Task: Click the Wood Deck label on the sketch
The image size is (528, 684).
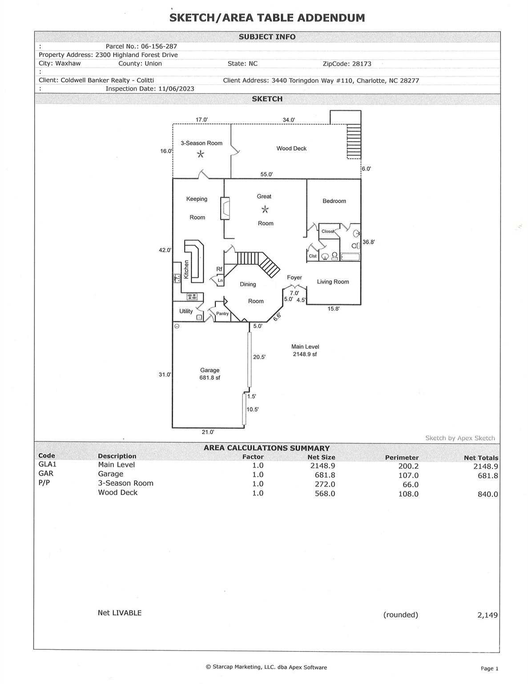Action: click(x=291, y=148)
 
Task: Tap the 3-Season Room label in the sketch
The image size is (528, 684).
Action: click(x=201, y=143)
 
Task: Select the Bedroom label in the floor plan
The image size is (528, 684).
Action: click(x=334, y=201)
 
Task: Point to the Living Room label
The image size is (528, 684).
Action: click(x=333, y=281)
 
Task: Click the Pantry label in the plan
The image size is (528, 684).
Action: click(x=222, y=313)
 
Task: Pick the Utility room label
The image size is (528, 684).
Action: click(x=186, y=311)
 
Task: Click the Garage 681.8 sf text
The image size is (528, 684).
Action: click(x=210, y=374)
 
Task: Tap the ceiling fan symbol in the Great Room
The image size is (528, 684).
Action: click(x=265, y=209)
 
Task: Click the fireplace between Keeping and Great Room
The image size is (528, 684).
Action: click(x=225, y=208)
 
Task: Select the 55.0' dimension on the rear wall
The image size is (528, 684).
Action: click(x=266, y=174)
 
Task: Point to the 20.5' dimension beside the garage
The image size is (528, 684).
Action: click(x=259, y=357)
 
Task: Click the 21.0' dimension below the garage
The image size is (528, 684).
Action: click(x=208, y=432)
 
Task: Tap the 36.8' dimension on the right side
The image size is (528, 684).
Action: click(x=368, y=242)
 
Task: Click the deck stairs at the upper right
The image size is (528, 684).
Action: click(x=354, y=142)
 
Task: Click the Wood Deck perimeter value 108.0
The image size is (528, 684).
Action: click(x=408, y=494)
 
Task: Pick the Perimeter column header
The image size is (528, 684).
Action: click(x=402, y=457)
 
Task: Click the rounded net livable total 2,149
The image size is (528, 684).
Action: click(x=487, y=615)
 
